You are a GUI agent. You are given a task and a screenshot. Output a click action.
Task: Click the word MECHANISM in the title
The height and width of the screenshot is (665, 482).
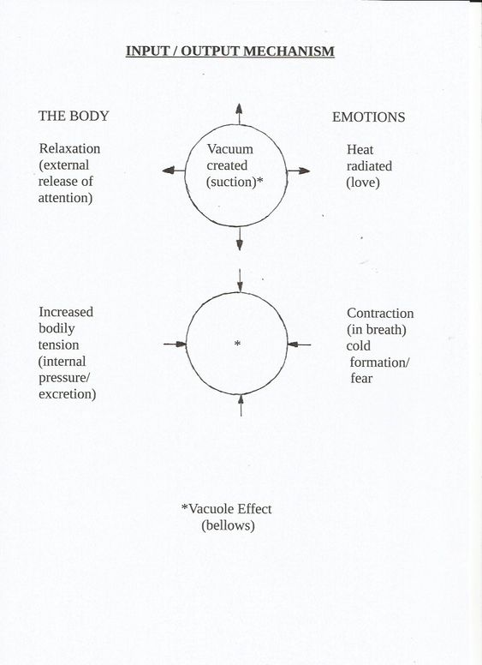coord(289,51)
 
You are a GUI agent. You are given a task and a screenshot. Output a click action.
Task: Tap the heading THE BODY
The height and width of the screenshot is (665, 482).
coord(74,116)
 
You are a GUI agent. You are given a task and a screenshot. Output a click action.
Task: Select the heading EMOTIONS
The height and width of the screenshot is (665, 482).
coord(368,117)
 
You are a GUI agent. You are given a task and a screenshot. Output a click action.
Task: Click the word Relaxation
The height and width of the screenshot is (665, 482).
coord(70,148)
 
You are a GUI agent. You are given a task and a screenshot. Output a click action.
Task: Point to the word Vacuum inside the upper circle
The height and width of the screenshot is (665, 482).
coord(230,149)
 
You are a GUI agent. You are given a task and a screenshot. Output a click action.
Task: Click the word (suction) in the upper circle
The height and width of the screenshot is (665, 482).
coord(231,182)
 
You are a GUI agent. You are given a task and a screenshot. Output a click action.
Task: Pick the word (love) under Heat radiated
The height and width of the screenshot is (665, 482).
coord(363,183)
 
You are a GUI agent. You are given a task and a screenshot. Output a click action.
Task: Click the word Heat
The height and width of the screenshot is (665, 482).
coord(360,150)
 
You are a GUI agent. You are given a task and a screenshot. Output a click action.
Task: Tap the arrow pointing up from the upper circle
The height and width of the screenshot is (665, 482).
coord(240,114)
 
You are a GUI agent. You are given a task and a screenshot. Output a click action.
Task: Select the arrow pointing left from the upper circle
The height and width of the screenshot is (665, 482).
coord(174,171)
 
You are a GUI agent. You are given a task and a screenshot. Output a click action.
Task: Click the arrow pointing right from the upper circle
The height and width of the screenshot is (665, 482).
coord(299,171)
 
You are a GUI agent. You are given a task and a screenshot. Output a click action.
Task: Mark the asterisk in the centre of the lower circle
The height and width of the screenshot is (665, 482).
coord(238,343)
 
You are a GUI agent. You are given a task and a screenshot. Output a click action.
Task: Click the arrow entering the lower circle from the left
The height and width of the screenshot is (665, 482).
coord(175,344)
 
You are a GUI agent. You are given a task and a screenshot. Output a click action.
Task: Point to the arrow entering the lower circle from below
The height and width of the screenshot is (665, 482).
coord(241,405)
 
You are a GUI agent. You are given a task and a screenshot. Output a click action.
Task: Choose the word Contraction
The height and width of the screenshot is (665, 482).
coord(380,314)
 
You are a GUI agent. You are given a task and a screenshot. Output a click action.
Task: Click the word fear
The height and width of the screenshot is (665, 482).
coord(361,378)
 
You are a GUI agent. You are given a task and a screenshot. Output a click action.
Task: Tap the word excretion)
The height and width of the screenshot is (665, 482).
coord(68,394)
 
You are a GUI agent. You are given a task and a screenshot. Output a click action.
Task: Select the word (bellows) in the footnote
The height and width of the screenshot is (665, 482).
coord(228,525)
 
